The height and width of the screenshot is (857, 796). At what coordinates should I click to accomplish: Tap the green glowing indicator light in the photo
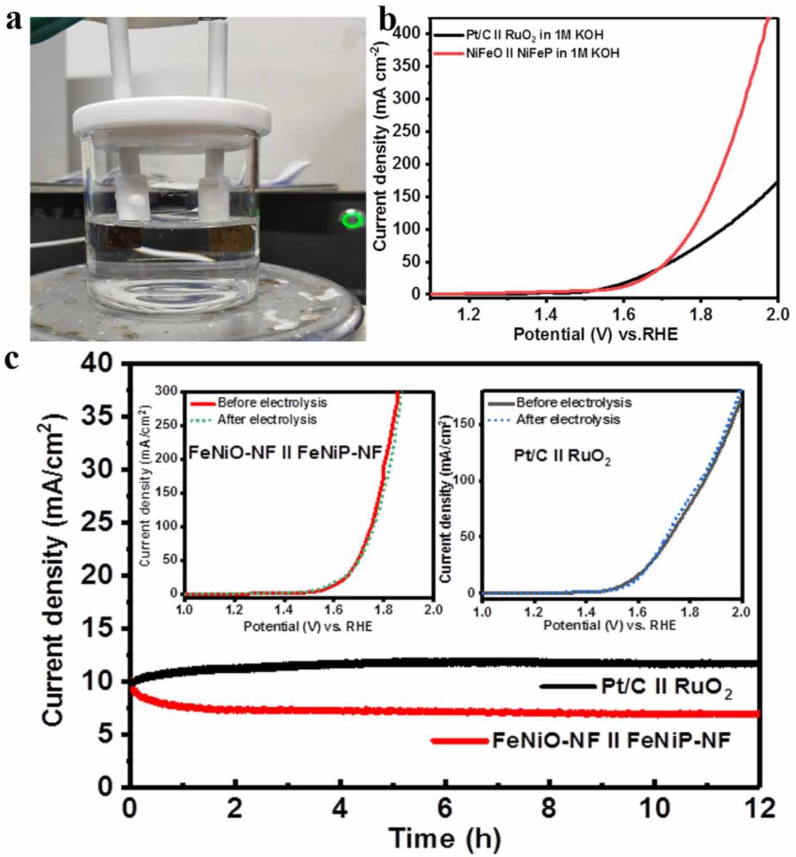click(352, 220)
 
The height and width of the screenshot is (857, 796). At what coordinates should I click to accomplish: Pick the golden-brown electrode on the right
click(232, 239)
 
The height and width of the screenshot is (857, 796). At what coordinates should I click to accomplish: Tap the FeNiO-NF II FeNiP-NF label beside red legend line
click(611, 741)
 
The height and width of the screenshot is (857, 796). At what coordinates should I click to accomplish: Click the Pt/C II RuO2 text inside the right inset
click(562, 456)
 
